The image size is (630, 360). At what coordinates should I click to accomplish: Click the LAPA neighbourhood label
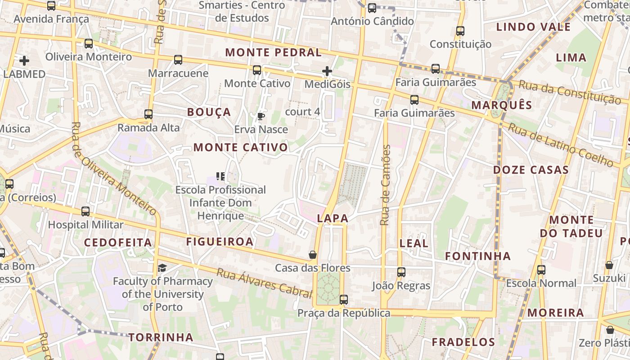pos(333,218)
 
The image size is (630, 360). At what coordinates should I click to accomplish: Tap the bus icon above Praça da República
pos(344,299)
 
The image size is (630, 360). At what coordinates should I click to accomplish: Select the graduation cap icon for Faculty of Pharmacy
pos(162,268)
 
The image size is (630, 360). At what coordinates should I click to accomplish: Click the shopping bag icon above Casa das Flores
pos(313,255)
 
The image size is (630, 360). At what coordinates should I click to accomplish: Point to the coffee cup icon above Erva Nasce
pos(261,117)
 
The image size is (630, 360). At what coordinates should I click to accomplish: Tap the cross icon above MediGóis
pos(327,71)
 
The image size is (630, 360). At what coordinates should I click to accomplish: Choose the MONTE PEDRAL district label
pos(274,52)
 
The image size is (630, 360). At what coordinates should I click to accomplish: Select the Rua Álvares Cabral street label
pos(264,283)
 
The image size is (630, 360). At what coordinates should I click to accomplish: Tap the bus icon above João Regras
pos(401,272)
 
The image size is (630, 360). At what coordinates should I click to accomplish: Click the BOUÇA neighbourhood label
pos(209,112)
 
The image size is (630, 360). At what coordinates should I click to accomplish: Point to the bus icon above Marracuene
pos(178,59)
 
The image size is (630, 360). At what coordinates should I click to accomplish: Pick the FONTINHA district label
pos(478,256)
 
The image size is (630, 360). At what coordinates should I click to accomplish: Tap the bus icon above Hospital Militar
pos(85,211)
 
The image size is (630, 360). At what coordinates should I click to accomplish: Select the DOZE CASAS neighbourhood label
pos(531,170)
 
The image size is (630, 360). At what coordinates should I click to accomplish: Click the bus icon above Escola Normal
pos(541,270)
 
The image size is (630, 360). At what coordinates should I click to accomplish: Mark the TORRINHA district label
pos(161,337)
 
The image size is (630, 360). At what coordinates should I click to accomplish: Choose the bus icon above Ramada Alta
pos(148,114)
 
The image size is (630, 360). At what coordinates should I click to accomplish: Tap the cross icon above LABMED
pos(24,60)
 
